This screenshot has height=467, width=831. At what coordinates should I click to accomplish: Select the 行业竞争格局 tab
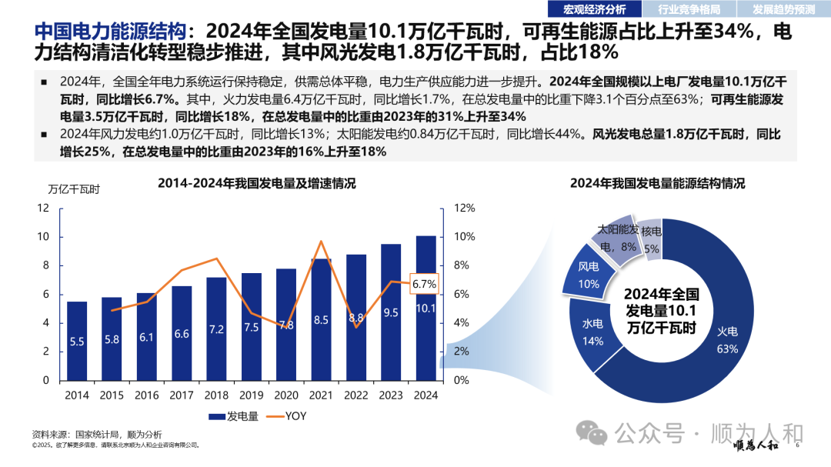tap(689, 9)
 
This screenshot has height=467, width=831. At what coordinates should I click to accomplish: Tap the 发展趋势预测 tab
tap(783, 9)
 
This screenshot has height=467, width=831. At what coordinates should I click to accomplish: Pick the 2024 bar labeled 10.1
tap(426, 308)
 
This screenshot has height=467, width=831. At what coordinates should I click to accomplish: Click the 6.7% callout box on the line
tap(424, 284)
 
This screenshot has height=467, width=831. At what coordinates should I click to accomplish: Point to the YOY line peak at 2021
tap(321, 242)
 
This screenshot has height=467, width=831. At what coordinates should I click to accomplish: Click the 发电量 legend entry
tap(227, 416)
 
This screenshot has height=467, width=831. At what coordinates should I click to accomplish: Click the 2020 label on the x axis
tap(286, 395)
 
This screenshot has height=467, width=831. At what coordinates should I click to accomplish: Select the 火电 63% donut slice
tap(727, 339)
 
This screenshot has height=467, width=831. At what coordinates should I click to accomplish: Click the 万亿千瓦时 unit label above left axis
tap(73, 188)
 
